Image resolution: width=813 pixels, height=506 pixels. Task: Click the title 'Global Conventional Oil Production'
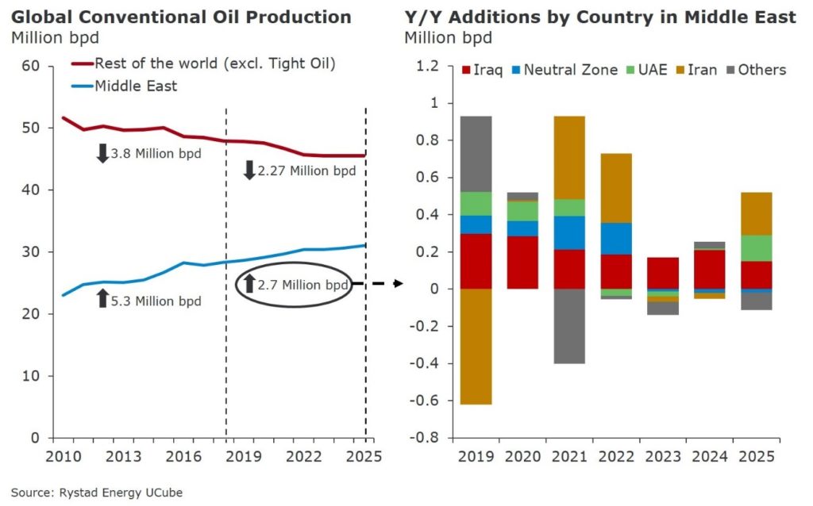tap(181, 17)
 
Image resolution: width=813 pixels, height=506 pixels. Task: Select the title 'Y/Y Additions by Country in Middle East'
tap(599, 17)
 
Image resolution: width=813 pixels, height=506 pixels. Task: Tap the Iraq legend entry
tap(485, 70)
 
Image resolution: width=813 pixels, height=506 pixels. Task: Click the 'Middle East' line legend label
tap(136, 86)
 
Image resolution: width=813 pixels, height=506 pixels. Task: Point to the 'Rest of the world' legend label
tap(214, 64)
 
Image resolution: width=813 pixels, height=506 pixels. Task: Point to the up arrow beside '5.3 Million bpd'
tap(102, 299)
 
